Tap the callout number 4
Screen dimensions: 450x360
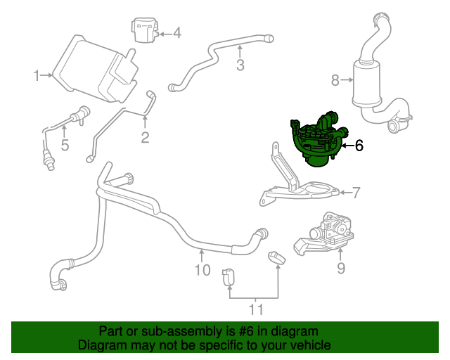[x=176, y=32]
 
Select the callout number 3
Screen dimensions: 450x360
[x=240, y=66]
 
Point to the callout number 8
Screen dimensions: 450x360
[x=335, y=80]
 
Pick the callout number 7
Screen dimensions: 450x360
[x=356, y=191]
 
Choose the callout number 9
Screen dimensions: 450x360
[x=341, y=268]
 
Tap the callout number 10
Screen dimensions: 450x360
[x=202, y=269]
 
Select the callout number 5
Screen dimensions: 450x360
[x=65, y=146]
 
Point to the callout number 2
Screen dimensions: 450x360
[x=145, y=137]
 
